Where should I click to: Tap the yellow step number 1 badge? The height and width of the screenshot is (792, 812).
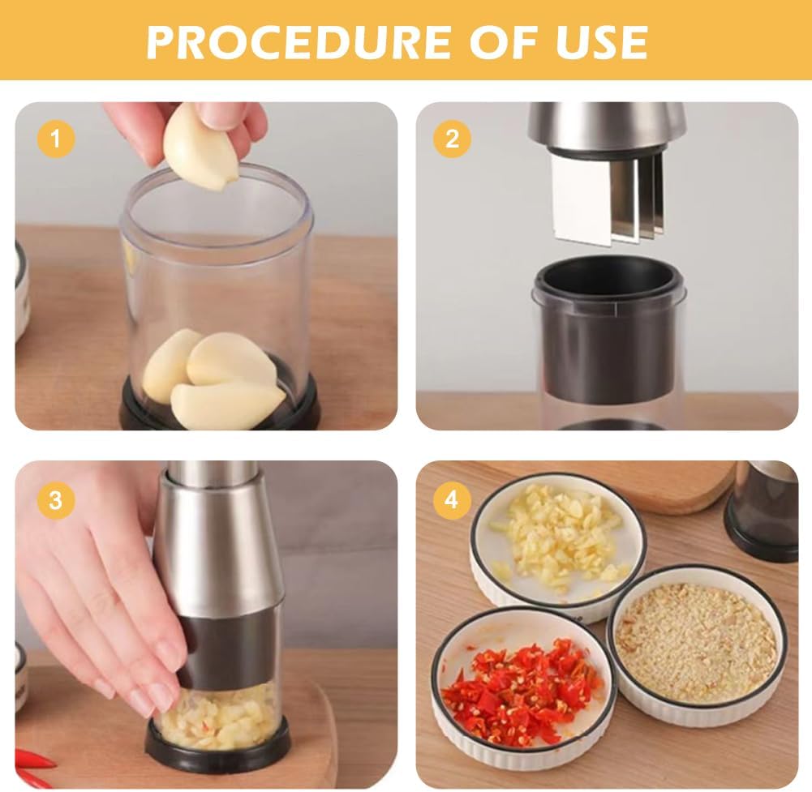click(55, 139)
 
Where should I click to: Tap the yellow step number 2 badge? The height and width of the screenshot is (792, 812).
click(452, 139)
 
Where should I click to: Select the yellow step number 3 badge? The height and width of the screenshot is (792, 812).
click(55, 499)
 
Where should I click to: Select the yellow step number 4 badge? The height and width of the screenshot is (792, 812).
click(452, 499)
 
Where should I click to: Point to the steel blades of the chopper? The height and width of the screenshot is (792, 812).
click(604, 199)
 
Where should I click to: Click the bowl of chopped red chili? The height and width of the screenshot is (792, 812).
click(523, 689)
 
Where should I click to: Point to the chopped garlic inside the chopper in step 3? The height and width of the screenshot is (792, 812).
click(219, 717)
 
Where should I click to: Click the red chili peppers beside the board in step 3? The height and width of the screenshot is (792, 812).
click(32, 766)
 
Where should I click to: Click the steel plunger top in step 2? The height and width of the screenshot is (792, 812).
click(607, 126)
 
